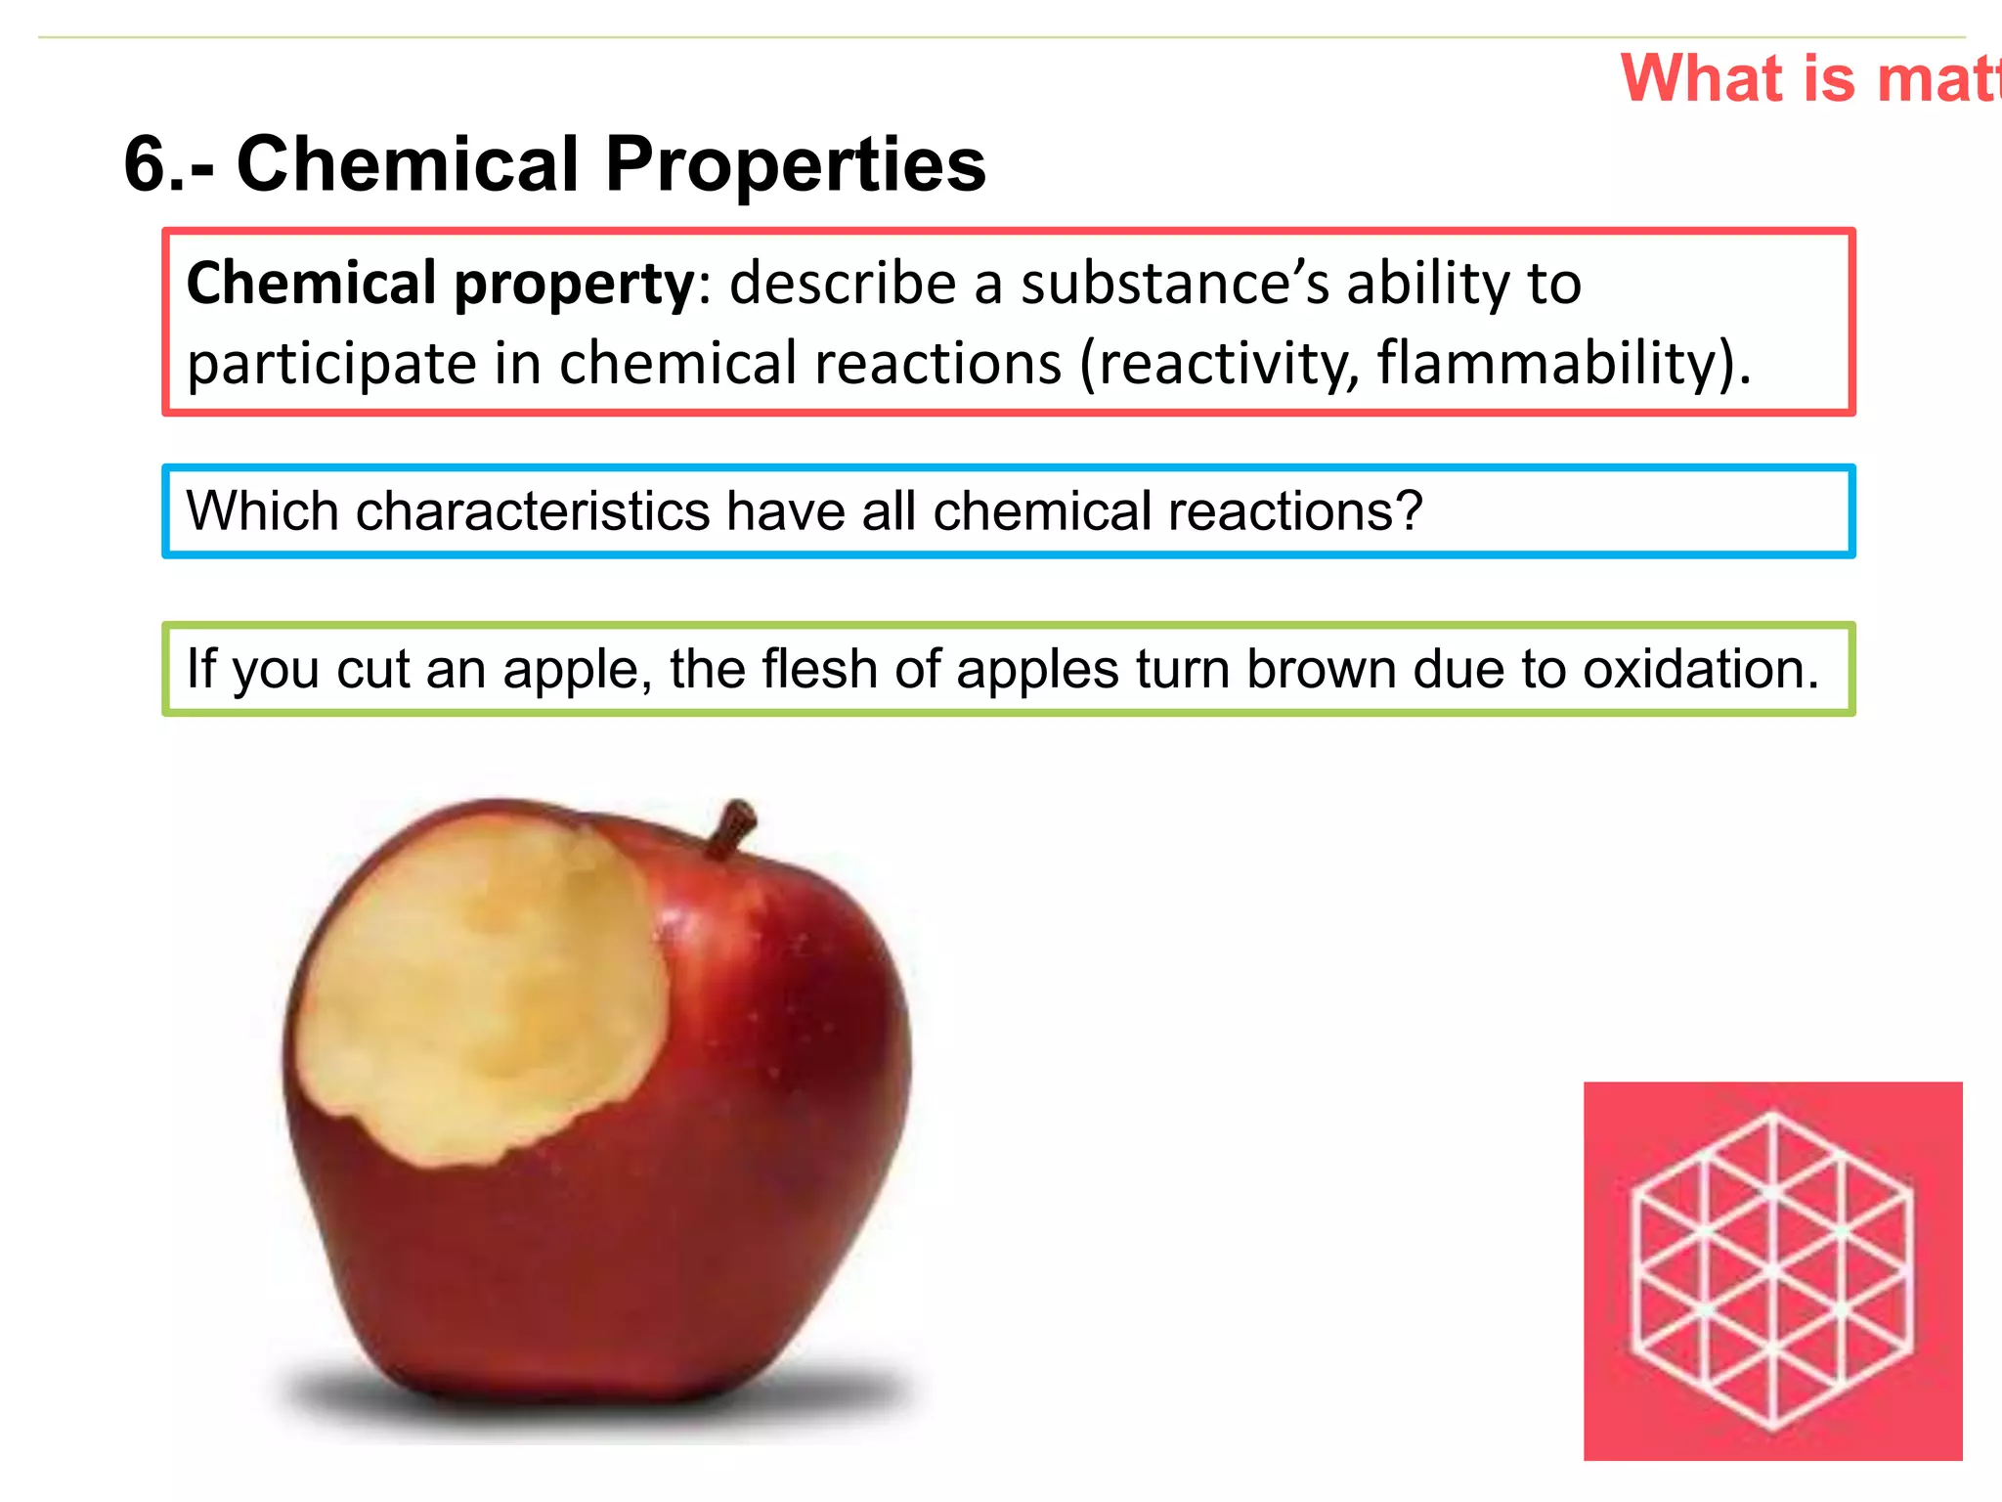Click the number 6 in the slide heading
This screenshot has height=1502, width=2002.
(147, 163)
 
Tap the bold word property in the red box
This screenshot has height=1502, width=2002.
(574, 285)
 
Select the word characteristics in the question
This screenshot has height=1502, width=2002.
(533, 511)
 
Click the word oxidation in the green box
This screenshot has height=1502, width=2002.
(1700, 670)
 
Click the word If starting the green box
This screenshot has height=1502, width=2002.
(201, 670)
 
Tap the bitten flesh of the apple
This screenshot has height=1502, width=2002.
(479, 988)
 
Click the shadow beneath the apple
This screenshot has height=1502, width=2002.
(596, 1393)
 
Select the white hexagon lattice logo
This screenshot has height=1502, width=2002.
(1772, 1270)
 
